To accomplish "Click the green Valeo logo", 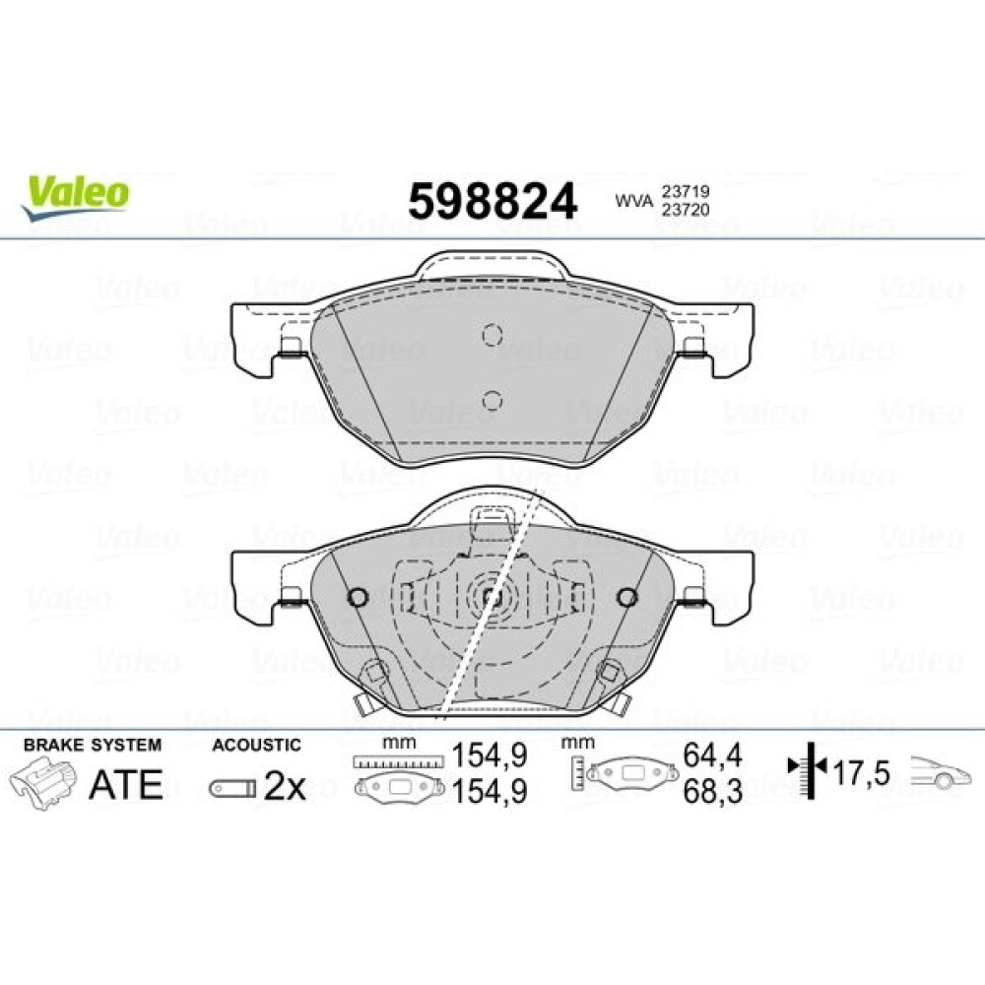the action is point(75,197).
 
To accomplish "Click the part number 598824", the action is point(492,201).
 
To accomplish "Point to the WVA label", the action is point(633,201).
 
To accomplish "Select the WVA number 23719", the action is point(684,191).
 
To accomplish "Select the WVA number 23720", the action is point(684,210).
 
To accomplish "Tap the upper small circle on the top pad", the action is point(492,334).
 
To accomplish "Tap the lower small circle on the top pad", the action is point(492,400).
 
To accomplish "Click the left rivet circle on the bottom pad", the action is point(359,597).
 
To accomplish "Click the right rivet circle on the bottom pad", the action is point(626,597).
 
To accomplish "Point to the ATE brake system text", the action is point(126,784).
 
